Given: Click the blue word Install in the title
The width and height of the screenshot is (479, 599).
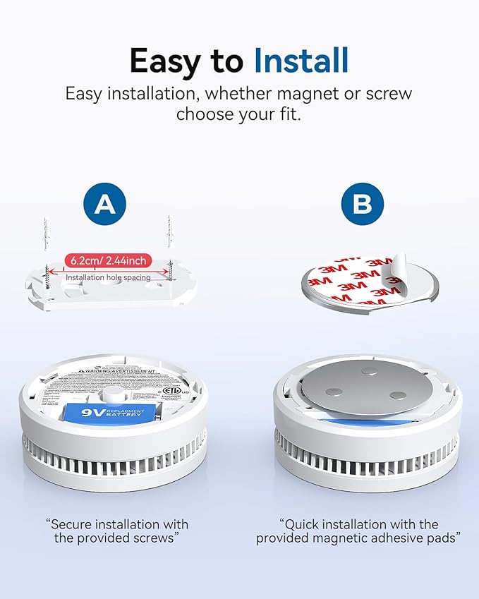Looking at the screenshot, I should (301, 61).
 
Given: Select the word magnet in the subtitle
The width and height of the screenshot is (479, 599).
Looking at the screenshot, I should (295, 94).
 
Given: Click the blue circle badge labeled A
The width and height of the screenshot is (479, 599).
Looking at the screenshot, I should (105, 205).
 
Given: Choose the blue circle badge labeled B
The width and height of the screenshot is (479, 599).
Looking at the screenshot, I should (363, 205).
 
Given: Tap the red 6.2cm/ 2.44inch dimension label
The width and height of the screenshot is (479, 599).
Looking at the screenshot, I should (108, 260).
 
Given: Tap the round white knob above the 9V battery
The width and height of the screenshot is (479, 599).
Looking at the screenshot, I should (112, 394).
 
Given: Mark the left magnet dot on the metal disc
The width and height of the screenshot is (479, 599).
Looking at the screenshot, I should (334, 392).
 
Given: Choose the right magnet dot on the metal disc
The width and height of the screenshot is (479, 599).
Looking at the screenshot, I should (398, 397).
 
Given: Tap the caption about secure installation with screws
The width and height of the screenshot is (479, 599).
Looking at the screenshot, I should (117, 531).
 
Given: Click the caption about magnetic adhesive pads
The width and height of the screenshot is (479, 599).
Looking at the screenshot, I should (358, 531).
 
